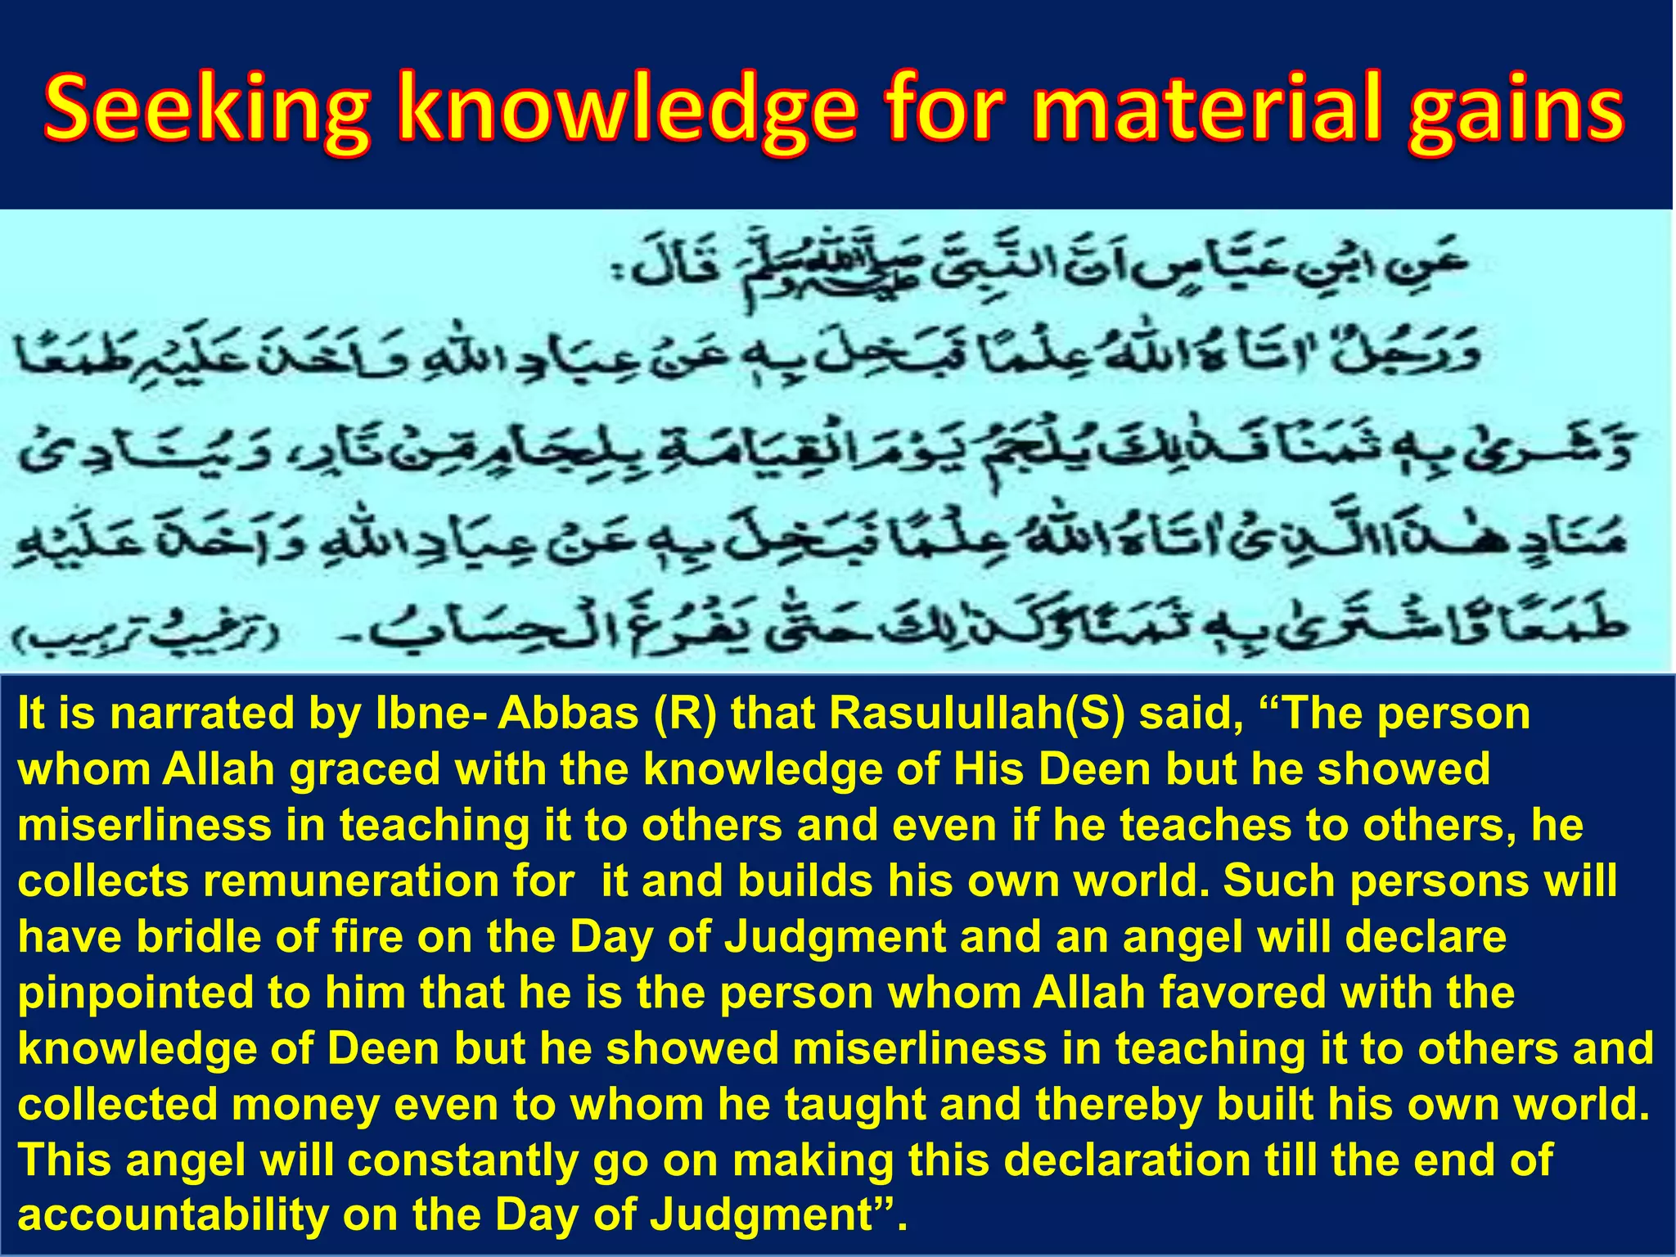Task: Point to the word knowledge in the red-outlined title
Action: [x=627, y=110]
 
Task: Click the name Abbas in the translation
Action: [x=568, y=714]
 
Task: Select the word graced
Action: [x=365, y=770]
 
